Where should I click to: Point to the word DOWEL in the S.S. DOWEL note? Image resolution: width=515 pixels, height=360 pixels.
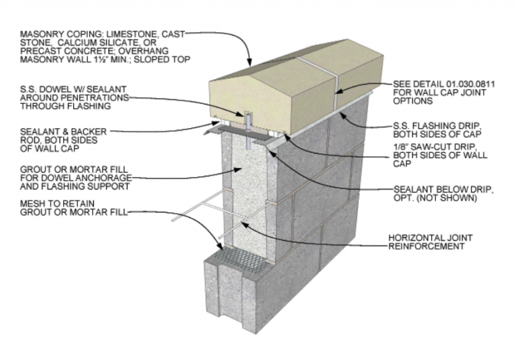click(x=55, y=89)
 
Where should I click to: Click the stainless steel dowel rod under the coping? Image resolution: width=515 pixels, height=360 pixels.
click(x=247, y=129)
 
